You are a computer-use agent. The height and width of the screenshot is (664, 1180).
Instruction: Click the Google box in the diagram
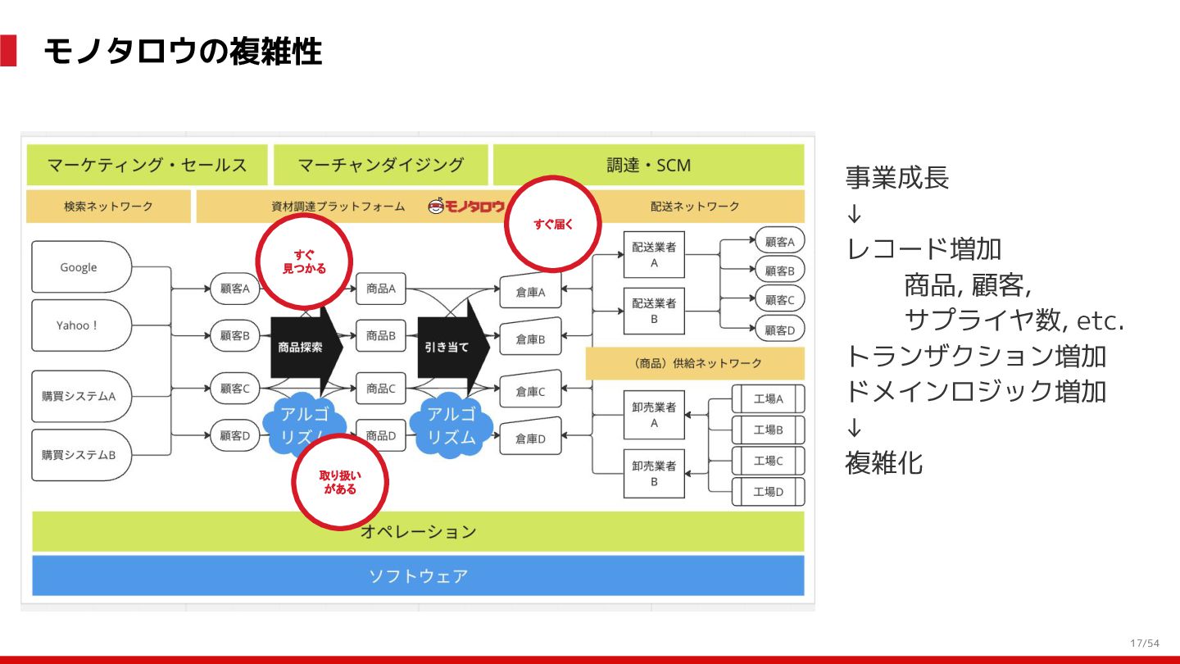80,267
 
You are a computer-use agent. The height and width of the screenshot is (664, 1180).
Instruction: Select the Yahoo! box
80,325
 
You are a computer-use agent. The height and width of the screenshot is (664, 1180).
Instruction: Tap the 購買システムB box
80,455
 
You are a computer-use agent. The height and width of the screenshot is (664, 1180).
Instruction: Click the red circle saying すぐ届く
554,223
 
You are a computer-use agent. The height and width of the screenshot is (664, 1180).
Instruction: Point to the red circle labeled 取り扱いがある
340,481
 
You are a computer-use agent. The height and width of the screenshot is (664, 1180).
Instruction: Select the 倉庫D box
530,439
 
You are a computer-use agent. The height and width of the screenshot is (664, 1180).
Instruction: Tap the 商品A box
381,289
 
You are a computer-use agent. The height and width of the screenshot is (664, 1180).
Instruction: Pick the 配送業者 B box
654,311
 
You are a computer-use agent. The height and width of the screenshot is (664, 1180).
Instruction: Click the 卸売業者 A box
654,415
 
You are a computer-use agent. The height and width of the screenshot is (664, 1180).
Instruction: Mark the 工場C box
768,461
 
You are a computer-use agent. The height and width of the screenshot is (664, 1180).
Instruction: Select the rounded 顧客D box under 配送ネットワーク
779,330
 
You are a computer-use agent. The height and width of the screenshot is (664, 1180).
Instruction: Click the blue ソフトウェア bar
418,575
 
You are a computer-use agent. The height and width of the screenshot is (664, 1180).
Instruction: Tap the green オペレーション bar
418,531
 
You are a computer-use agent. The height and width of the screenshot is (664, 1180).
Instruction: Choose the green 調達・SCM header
648,165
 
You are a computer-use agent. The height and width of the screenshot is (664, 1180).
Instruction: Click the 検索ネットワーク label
108,207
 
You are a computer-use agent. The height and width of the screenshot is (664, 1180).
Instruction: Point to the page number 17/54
1144,643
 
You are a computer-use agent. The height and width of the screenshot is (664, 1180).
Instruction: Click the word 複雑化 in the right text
883,463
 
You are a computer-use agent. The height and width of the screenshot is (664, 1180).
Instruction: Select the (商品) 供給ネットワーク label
695,363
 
